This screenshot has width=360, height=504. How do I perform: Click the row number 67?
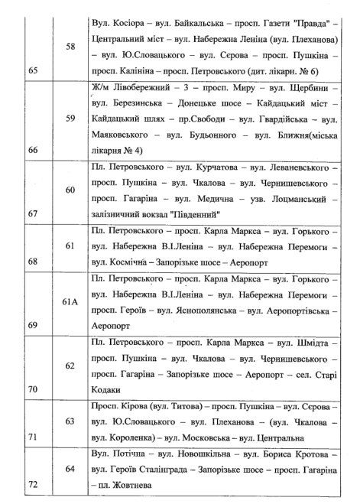31,214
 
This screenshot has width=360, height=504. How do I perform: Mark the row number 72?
31,486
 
